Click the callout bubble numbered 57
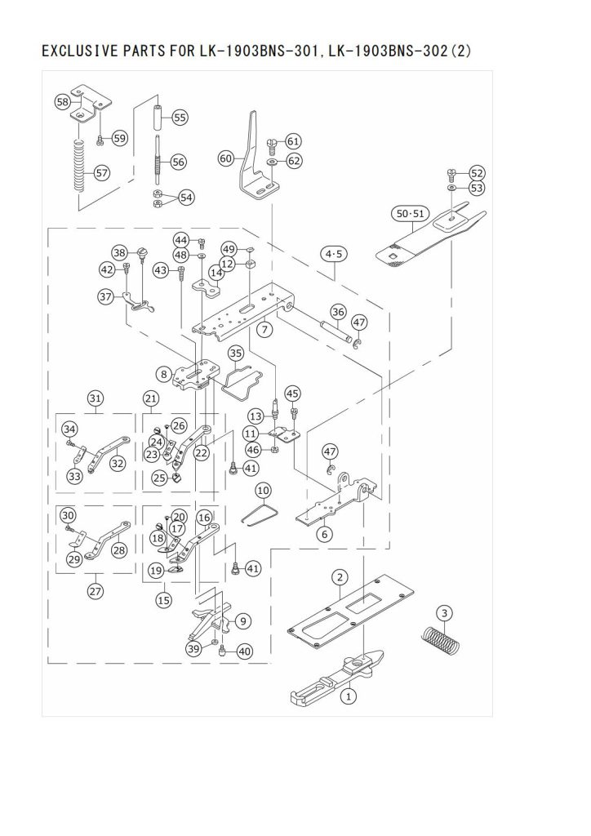102,173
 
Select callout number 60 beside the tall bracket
226,158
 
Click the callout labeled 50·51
411,214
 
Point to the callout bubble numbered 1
348,696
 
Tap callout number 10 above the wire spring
264,490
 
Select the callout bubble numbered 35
236,353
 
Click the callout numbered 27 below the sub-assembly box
96,591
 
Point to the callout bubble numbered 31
96,398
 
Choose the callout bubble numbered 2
340,576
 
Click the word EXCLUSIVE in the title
80,51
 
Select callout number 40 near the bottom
244,651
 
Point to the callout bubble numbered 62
294,161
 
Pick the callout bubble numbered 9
242,620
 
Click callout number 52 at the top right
477,173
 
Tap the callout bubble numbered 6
325,534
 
